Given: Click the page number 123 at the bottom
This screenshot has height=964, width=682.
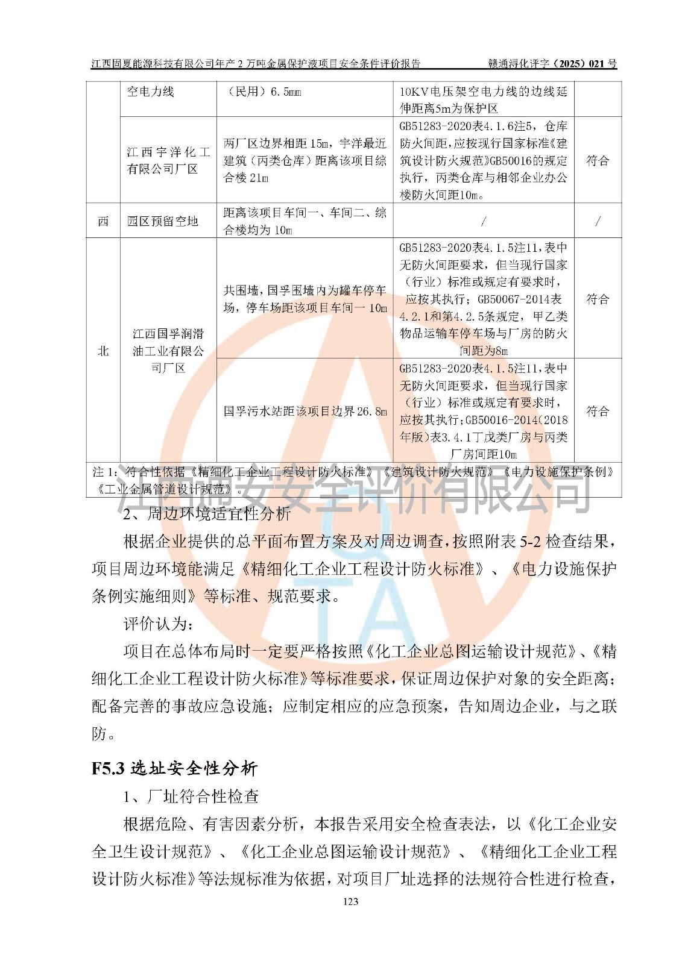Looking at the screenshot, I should (350, 901).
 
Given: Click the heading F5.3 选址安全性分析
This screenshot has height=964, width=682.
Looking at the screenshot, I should (174, 768).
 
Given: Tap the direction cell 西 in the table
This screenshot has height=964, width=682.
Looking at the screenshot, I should (103, 221).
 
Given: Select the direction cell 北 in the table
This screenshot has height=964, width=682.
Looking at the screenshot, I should (103, 351).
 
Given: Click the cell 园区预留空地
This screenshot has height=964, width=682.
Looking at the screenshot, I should (163, 221).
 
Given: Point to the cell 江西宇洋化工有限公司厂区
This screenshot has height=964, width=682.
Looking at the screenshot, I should (168, 160).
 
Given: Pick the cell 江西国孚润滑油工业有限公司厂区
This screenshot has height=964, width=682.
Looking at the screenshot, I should (168, 351).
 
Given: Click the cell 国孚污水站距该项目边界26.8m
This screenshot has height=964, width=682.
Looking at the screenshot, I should (305, 412).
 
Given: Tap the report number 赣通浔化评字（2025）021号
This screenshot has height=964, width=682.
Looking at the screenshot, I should (552, 63).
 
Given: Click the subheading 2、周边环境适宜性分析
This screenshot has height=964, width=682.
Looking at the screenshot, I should (206, 514).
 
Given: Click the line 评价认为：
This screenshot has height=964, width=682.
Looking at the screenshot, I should (158, 624).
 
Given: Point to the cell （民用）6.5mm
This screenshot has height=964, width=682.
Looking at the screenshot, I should (263, 92).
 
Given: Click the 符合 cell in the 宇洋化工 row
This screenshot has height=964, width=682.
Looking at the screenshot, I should (597, 161).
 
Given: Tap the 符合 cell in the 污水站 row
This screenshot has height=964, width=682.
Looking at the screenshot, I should (597, 412).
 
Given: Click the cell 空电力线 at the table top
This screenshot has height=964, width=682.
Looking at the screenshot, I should (151, 92).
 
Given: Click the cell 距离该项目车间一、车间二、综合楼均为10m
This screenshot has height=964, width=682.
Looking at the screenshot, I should (305, 221).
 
